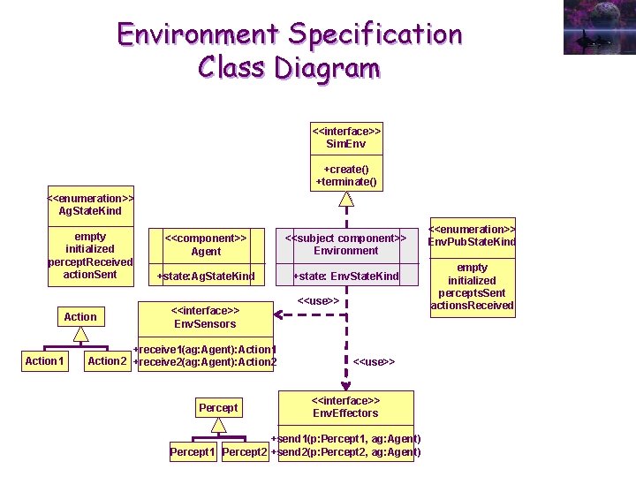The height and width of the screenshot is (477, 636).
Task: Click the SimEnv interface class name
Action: [345, 143]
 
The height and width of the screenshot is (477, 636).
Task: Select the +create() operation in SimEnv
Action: [346, 169]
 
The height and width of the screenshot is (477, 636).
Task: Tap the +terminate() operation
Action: [346, 182]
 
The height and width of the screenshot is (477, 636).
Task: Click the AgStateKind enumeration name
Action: [90, 211]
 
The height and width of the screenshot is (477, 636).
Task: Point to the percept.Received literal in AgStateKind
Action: [90, 261]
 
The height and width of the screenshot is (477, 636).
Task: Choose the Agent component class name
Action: [206, 251]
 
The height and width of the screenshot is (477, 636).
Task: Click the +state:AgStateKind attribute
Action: [206, 276]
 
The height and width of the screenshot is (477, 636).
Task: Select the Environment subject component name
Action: [345, 250]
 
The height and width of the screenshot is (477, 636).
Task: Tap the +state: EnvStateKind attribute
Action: [346, 276]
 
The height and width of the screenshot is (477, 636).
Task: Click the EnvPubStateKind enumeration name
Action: [472, 241]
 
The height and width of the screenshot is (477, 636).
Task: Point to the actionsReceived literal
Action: [472, 306]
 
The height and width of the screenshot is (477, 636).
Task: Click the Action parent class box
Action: [80, 316]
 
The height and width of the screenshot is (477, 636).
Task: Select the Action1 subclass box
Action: [44, 360]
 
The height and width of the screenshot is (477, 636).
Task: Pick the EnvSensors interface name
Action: [204, 323]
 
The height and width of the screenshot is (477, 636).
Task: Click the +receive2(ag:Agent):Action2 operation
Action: [205, 361]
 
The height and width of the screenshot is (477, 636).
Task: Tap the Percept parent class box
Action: [218, 407]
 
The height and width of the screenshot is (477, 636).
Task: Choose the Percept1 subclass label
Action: [193, 452]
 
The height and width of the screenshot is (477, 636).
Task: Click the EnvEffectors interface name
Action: [345, 413]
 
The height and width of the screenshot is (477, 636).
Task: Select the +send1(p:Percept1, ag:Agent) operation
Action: [345, 439]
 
